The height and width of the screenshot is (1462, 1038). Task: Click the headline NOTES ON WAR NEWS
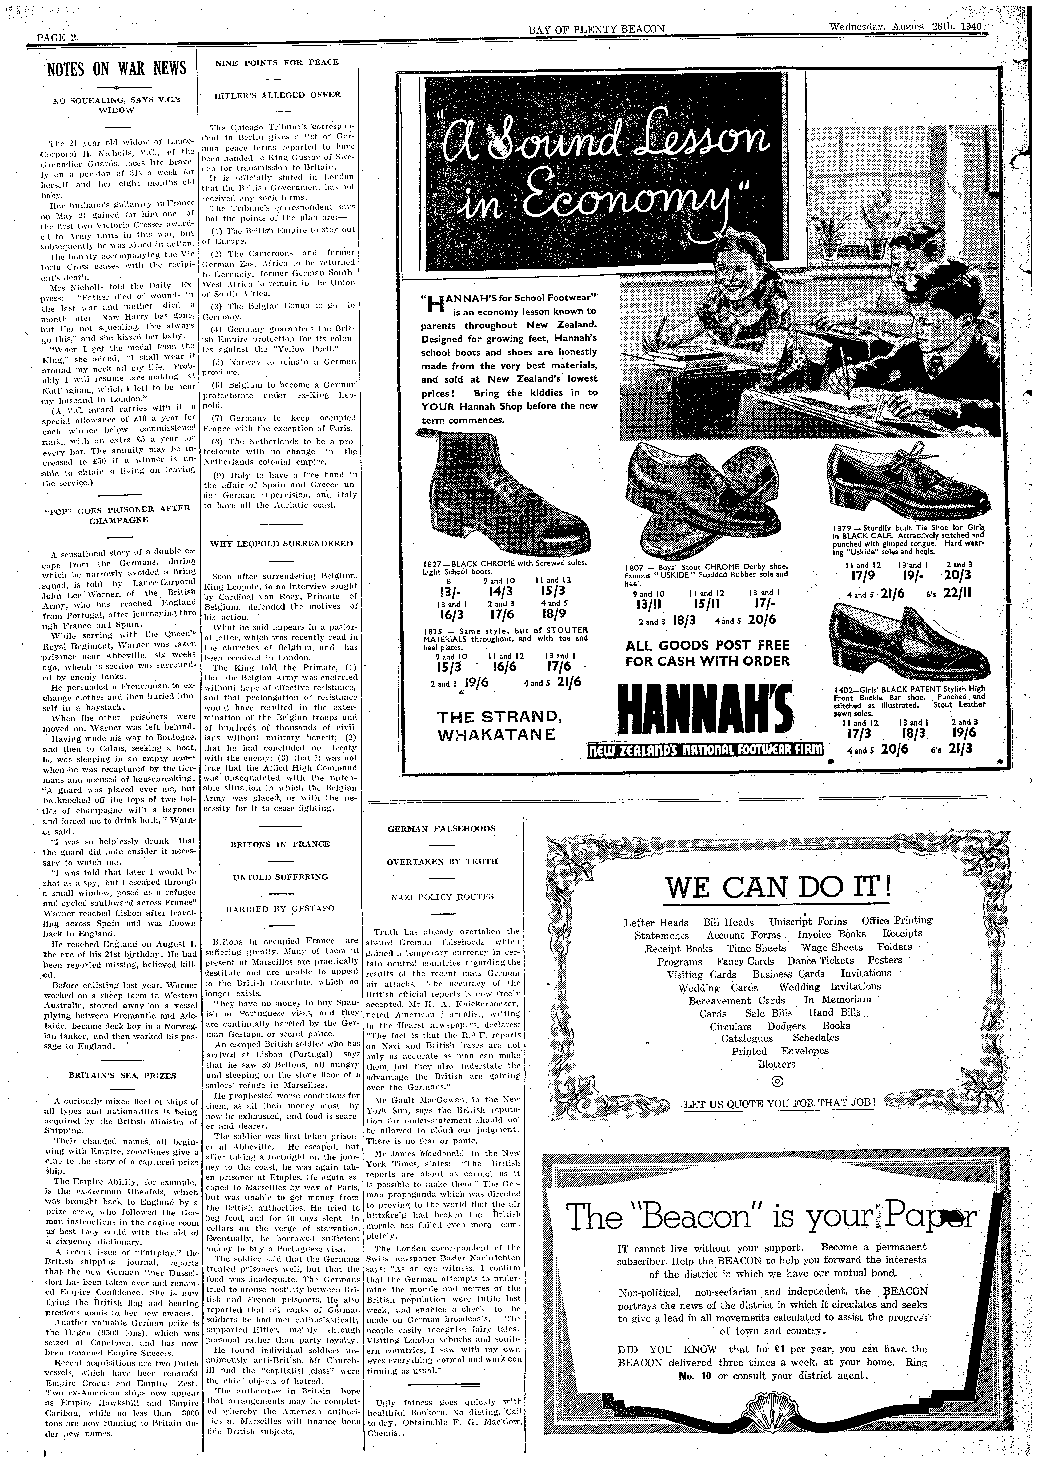pyautogui.click(x=117, y=68)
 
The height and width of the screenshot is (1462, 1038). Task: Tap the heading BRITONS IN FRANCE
pyautogui.click(x=280, y=844)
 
